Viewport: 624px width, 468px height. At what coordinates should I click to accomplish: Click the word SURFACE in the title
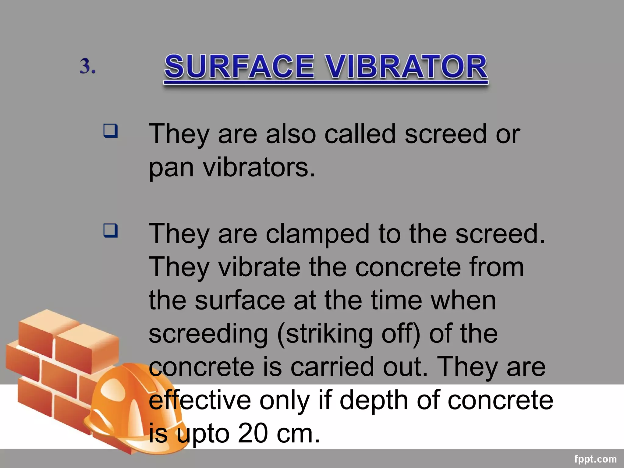pos(239,66)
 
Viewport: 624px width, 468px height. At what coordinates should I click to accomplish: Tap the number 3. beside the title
pos(87,66)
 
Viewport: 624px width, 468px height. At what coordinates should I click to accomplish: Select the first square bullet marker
pos(110,130)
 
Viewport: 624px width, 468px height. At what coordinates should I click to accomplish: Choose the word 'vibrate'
pos(259,267)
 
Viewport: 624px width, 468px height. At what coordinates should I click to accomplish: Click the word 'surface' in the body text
pos(240,300)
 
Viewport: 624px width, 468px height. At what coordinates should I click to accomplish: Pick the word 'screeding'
pos(208,334)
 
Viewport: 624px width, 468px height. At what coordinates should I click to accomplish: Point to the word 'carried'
pos(332,367)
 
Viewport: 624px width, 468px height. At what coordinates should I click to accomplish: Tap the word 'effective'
pos(200,400)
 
